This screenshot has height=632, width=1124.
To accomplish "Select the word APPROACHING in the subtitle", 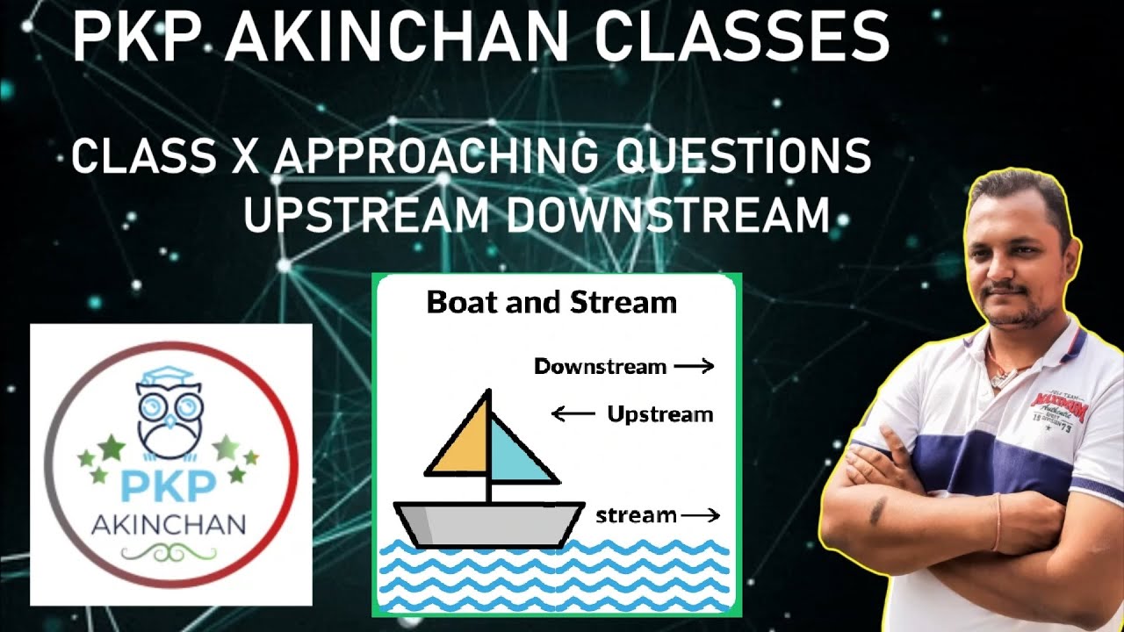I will tap(436, 155).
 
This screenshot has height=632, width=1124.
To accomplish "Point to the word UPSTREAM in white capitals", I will tap(367, 215).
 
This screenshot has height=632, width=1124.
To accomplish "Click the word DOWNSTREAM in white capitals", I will tap(669, 215).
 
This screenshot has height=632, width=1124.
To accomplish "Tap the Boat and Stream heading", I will tap(551, 303).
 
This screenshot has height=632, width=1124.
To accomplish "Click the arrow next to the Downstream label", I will tap(694, 367).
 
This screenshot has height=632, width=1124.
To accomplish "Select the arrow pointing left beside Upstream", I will tap(573, 413).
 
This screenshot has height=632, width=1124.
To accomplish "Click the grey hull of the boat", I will tap(488, 524).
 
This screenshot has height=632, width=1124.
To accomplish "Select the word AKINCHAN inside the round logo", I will tap(169, 525).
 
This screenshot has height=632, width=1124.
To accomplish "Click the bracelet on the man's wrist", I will tap(998, 521).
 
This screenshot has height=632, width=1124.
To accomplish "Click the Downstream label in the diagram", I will tap(600, 367).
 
